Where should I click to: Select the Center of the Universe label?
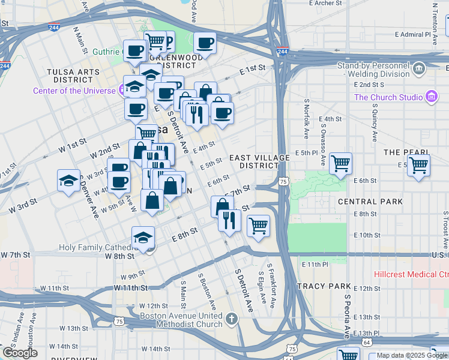point(74,91)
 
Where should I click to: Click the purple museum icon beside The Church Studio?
point(430,97)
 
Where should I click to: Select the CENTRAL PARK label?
point(370,202)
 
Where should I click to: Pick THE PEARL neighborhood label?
point(406,152)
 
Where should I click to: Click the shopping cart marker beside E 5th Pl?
point(340,163)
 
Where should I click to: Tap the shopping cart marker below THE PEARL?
point(418,165)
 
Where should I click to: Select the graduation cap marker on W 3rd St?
point(69,180)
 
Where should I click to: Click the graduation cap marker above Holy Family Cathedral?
point(143,238)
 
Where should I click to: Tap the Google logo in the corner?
point(20,353)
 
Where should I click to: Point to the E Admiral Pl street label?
point(420,34)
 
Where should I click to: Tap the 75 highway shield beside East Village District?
point(283,181)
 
